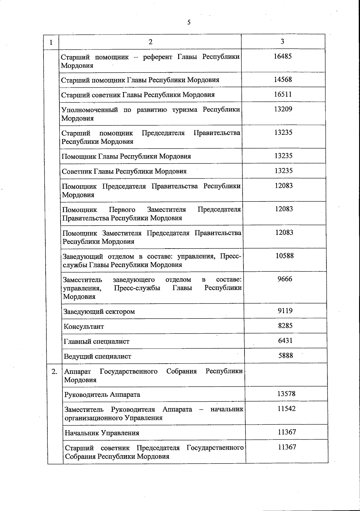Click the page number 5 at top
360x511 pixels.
pos(189,23)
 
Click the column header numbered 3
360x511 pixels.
pos(282,41)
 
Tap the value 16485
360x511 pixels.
pos(283,56)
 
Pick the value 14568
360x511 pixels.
pos(283,79)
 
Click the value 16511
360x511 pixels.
pos(283,94)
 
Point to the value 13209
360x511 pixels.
pos(283,109)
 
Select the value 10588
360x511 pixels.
pos(284,256)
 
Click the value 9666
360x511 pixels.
pos(285,279)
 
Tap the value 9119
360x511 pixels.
pos(285,311)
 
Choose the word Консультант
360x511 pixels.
pos(84,327)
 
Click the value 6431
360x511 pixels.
pos(285,340)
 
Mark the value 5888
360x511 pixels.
pos(286,355)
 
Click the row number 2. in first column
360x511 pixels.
pos(55,372)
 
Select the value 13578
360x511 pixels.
pos(286,394)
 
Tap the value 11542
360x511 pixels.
pos(286,409)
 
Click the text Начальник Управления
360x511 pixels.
pos(102,433)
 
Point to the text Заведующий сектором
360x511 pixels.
pos(99,312)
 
